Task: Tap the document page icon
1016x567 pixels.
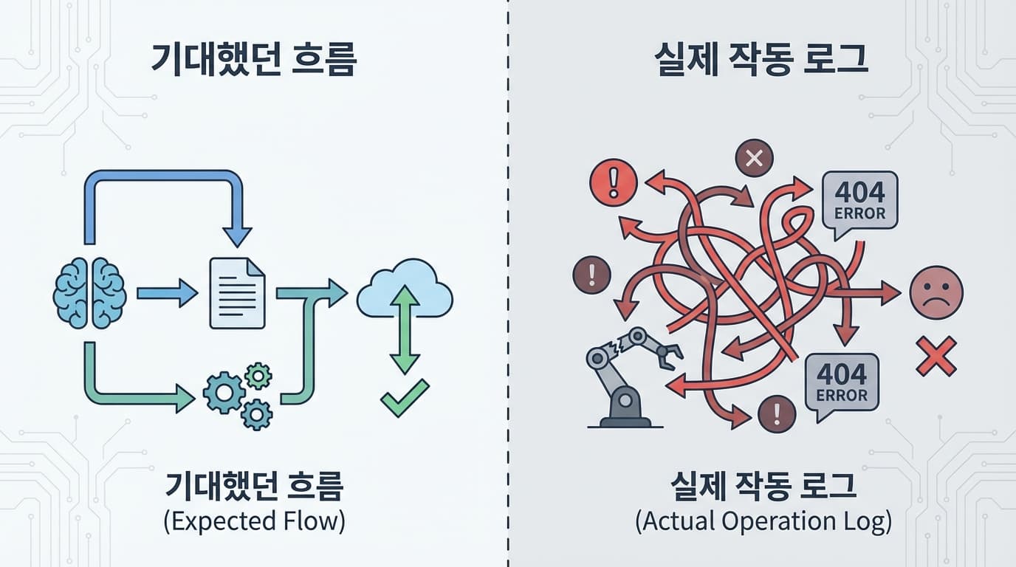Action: (x=237, y=293)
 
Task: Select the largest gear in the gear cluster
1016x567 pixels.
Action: (x=224, y=392)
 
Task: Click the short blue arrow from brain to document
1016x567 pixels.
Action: (x=167, y=294)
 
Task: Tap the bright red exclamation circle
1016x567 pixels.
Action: (x=613, y=182)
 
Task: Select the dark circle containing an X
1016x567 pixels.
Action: (x=754, y=158)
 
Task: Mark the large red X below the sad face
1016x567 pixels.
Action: (x=936, y=356)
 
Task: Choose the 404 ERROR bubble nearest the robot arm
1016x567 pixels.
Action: (x=842, y=382)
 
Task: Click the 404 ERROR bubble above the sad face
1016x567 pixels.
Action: (x=859, y=202)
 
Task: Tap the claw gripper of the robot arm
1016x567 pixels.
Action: (x=670, y=358)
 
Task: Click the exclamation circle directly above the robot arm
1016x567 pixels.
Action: (x=591, y=275)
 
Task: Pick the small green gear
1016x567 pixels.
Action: (x=258, y=376)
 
